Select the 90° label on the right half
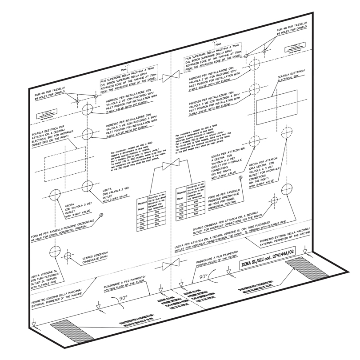click(204, 276)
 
